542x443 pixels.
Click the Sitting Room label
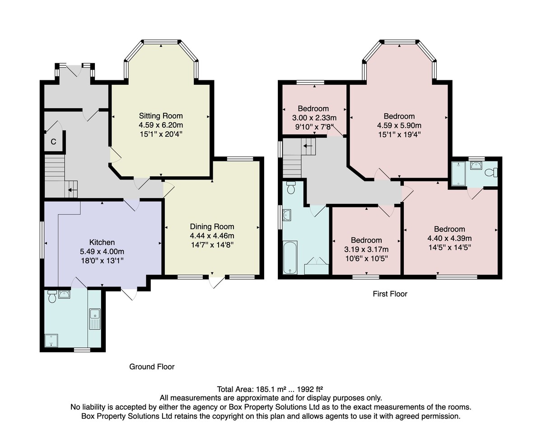tap(161, 116)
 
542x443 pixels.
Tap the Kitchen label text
tap(102, 242)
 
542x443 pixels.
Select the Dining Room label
tap(212, 226)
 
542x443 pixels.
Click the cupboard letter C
tap(53, 142)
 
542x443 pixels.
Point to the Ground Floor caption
tap(152, 366)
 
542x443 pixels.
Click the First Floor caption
tap(390, 294)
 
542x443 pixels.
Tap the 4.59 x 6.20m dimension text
tap(161, 125)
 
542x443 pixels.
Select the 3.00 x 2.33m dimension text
tap(314, 118)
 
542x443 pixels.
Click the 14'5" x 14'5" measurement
tap(449, 247)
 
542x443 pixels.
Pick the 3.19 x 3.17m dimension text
tap(366, 249)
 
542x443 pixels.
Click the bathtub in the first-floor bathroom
tap(290, 258)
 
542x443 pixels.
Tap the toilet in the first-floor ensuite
tap(491, 172)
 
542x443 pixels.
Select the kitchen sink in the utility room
tap(95, 319)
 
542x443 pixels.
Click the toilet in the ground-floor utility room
tap(52, 296)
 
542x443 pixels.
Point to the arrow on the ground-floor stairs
tap(72, 190)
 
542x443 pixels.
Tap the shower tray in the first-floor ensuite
tap(459, 174)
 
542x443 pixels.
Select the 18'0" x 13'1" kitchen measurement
tap(102, 261)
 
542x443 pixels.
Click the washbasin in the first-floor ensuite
tap(476, 165)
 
